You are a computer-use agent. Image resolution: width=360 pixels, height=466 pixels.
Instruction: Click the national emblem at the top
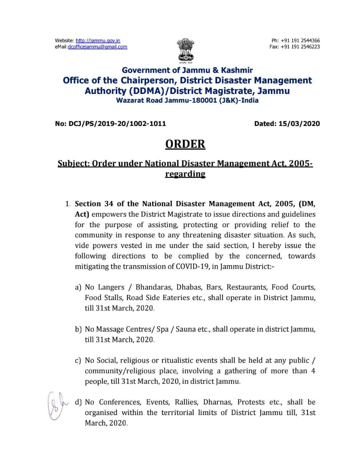[186, 51]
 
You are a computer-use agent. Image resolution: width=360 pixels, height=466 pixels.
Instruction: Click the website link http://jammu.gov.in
[98, 40]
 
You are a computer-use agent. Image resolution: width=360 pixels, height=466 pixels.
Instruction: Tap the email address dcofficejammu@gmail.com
[98, 47]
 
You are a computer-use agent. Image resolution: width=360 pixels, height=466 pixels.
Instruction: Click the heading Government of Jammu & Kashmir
[187, 70]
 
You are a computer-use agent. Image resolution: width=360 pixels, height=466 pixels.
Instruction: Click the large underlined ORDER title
[185, 144]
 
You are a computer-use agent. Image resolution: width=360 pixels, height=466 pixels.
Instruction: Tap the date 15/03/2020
[299, 123]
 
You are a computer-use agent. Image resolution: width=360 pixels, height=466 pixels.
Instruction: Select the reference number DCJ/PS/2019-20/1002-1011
[117, 123]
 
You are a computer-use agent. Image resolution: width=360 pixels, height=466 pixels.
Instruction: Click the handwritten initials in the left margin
[58, 404]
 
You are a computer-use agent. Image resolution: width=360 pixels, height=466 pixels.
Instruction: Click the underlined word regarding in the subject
[185, 174]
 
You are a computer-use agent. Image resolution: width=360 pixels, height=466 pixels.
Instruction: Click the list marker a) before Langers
[78, 287]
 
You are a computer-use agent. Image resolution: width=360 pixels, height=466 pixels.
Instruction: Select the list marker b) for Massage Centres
[78, 329]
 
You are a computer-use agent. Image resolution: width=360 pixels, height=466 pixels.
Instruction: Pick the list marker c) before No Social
[78, 360]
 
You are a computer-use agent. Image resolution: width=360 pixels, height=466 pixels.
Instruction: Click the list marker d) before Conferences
[78, 402]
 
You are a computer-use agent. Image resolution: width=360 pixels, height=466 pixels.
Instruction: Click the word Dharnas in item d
[217, 402]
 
